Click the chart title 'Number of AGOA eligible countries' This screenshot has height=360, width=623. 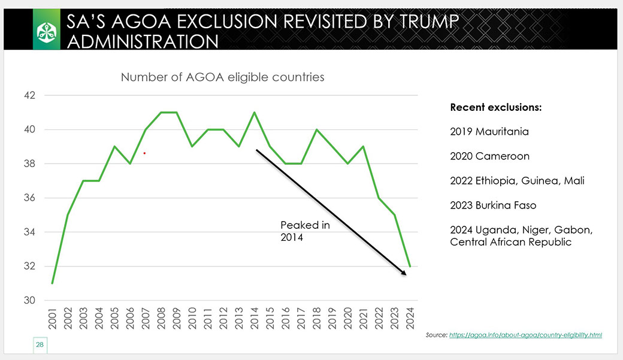click(222, 77)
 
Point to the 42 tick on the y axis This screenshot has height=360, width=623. click(30, 95)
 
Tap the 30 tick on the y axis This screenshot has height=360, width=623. click(30, 300)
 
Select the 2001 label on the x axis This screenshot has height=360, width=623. click(53, 318)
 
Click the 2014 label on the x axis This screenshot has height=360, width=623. click(254, 318)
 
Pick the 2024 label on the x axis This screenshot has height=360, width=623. click(410, 318)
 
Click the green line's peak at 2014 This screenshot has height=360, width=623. click(254, 113)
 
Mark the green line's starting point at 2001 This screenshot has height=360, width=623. click(53, 283)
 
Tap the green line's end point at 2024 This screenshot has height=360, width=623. click(410, 266)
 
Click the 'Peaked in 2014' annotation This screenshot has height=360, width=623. click(305, 231)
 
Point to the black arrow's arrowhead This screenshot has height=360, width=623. click(404, 273)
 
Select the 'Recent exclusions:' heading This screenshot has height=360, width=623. click(496, 107)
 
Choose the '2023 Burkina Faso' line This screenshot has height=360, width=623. click(493, 205)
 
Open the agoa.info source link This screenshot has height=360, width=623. click(526, 335)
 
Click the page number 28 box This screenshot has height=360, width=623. click(40, 345)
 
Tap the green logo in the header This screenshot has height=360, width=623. click(47, 30)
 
